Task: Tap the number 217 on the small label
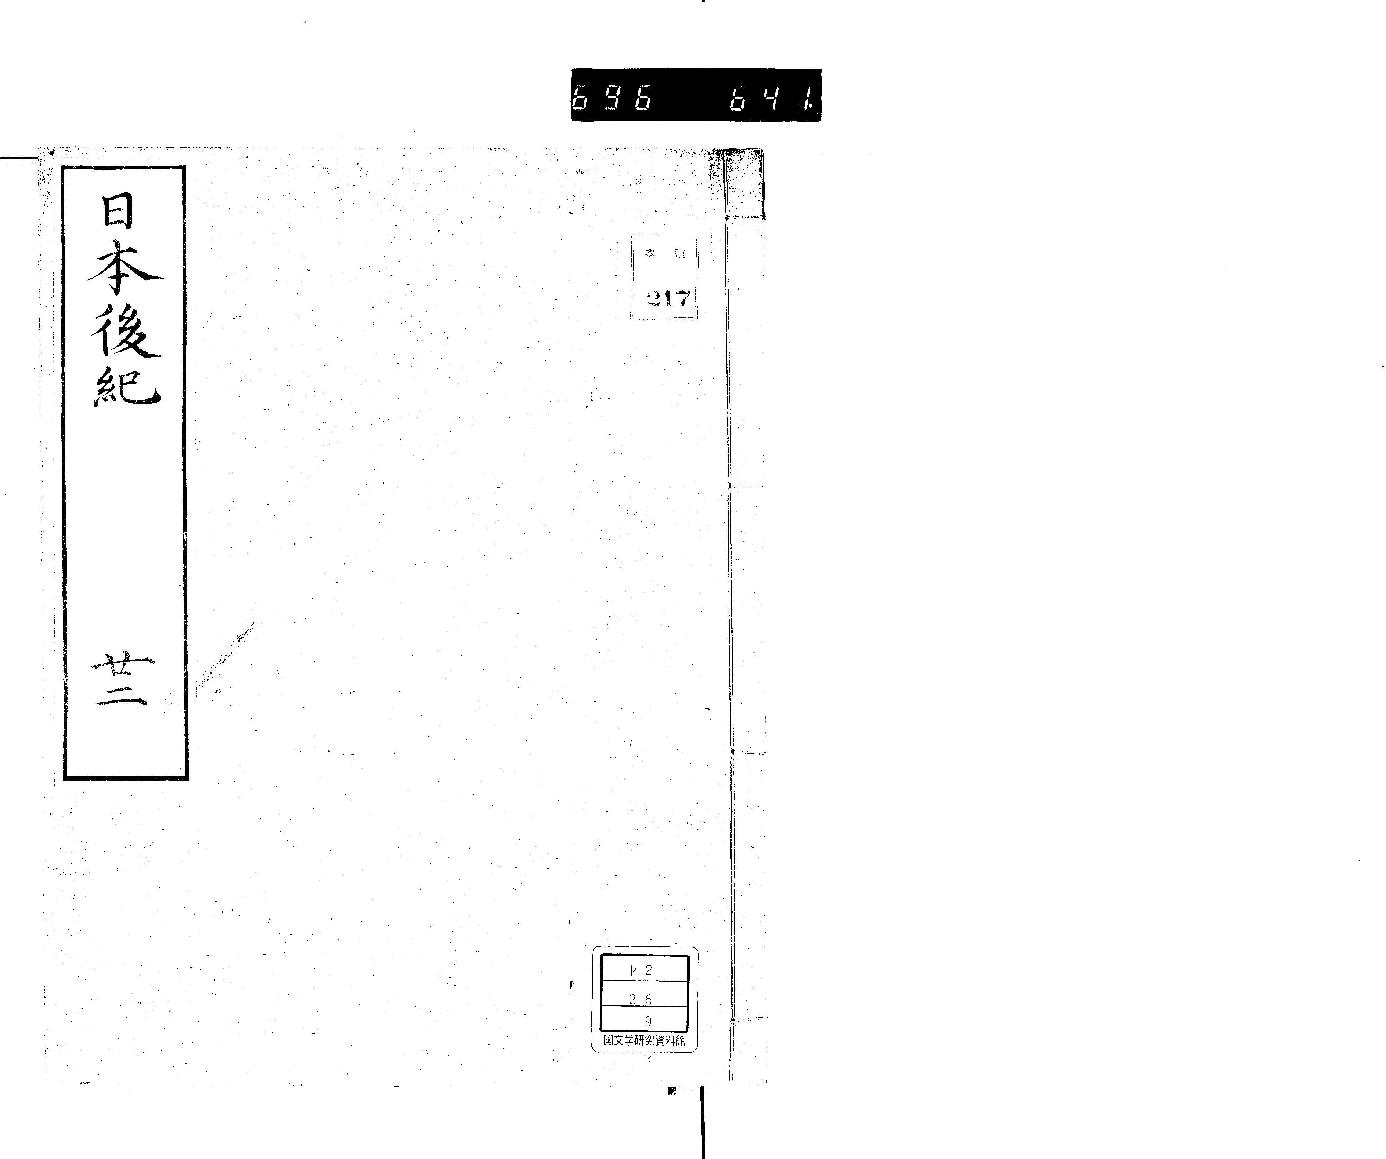pyautogui.click(x=668, y=299)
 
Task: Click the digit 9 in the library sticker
pyautogui.click(x=648, y=1021)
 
